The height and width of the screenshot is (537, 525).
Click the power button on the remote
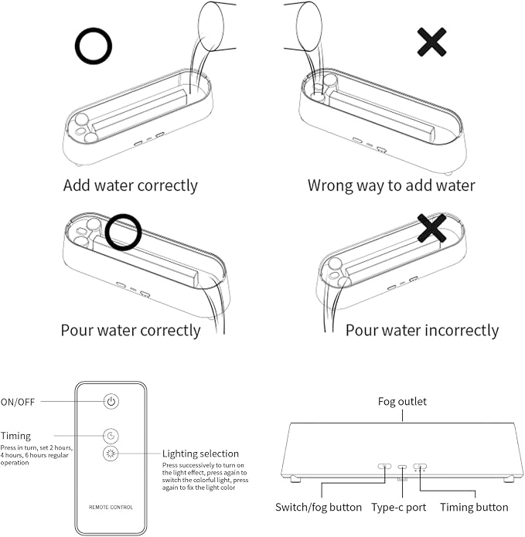(x=111, y=401)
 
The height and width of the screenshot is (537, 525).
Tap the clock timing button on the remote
(x=111, y=436)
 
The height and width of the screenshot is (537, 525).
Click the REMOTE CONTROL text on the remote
(x=111, y=507)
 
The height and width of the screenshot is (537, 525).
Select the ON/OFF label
(x=18, y=402)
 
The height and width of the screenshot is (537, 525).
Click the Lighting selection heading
(x=200, y=454)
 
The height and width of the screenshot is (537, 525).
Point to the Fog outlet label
(x=402, y=401)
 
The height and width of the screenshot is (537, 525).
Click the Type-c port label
(x=399, y=507)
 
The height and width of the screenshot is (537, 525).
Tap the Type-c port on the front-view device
(x=402, y=467)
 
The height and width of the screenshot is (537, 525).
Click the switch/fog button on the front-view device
(x=384, y=467)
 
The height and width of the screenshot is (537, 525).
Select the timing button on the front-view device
(x=420, y=467)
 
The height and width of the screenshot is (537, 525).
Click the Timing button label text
(x=474, y=507)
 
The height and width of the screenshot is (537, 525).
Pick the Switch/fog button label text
(x=319, y=507)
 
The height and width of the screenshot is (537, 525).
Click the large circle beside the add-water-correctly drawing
(x=94, y=46)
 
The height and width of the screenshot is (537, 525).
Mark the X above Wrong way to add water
(x=431, y=42)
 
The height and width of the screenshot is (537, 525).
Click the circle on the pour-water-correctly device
(x=123, y=232)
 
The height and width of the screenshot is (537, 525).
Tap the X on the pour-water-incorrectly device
(x=431, y=228)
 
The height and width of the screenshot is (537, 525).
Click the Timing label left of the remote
(x=15, y=436)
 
